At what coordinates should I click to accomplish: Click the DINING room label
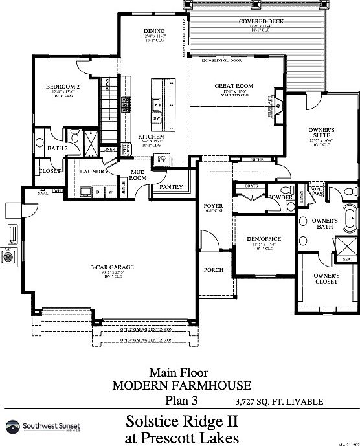pos(154,31)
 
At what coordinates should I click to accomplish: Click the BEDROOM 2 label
pos(63,86)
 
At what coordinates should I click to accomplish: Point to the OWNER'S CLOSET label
pos(326,278)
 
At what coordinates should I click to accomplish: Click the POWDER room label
pos(280,197)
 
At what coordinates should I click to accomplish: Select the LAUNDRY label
pos(94,171)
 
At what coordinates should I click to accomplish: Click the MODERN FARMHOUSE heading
pos(181,386)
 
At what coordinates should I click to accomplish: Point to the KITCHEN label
pos(150,137)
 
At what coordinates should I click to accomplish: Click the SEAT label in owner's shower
pos(348,259)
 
